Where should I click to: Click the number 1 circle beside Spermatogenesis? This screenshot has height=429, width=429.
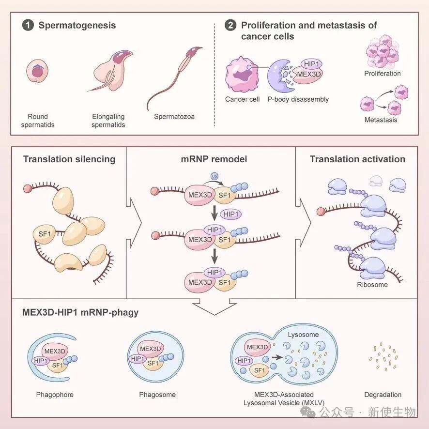click(x=28, y=25)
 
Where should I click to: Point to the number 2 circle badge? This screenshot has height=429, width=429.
click(x=230, y=25)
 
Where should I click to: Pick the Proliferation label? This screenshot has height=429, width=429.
click(x=383, y=74)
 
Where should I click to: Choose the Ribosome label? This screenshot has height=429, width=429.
click(x=372, y=285)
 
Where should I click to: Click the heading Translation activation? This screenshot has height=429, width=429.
click(x=357, y=159)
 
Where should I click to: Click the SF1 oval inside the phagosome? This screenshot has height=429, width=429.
click(x=153, y=363)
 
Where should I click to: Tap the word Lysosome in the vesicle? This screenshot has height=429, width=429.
click(x=303, y=335)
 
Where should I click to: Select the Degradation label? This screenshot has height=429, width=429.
click(x=383, y=395)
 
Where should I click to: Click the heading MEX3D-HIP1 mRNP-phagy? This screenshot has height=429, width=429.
click(x=81, y=312)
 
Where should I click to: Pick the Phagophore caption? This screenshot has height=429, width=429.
click(x=55, y=395)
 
